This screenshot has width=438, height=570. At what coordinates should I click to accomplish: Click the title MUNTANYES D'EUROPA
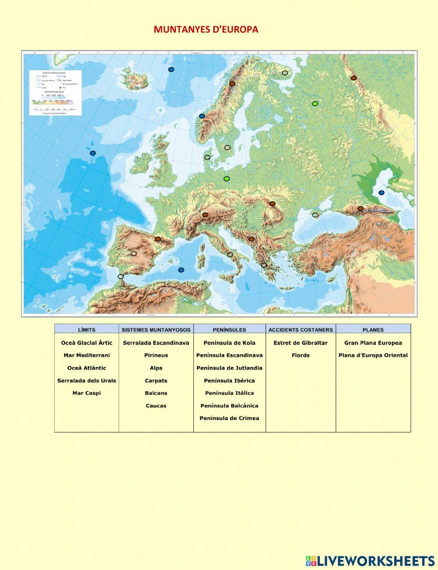click(x=206, y=29)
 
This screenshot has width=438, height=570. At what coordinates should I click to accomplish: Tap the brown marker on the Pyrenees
click(x=158, y=239)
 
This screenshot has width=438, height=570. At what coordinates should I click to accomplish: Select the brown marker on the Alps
click(x=205, y=215)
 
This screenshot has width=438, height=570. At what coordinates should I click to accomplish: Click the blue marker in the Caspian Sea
click(x=381, y=192)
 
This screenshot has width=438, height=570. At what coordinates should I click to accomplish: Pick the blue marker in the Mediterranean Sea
click(x=181, y=270)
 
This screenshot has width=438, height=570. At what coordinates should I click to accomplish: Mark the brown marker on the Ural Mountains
click(x=353, y=78)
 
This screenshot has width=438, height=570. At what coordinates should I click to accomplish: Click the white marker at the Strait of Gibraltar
click(x=120, y=277)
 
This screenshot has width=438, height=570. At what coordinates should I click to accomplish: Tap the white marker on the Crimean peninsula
click(x=315, y=215)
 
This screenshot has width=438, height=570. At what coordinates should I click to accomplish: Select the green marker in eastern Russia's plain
click(x=314, y=103)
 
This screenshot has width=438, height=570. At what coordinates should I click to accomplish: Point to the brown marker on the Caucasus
click(x=360, y=209)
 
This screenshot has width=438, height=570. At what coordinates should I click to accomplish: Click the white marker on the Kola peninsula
click(x=285, y=73)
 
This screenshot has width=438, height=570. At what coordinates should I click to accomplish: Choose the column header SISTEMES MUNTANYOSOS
click(x=156, y=330)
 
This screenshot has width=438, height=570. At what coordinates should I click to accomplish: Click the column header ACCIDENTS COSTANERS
click(x=300, y=330)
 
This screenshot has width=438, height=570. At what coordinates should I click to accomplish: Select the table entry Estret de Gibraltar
click(x=300, y=343)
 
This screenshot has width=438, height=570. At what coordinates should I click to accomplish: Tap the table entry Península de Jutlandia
click(x=229, y=368)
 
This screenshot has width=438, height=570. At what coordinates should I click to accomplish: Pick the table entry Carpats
click(x=156, y=381)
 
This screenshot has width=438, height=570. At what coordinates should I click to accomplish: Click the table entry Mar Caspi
click(x=86, y=393)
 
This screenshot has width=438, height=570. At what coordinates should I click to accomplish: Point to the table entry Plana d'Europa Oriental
click(x=373, y=355)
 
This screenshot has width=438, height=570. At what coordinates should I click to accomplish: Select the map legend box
click(x=55, y=92)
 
